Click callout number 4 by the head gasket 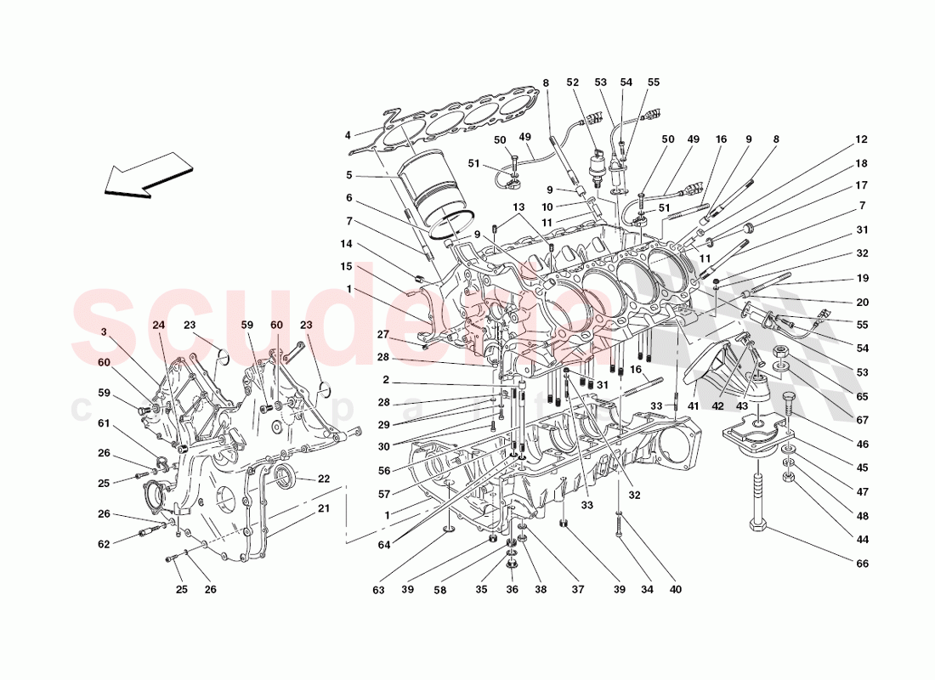(348, 134)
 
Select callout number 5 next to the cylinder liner (348, 177)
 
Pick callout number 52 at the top (572, 82)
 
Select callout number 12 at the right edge (862, 139)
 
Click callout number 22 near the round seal (324, 479)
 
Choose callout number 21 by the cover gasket (324, 508)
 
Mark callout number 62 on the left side (104, 544)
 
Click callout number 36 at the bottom (513, 590)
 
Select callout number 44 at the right (862, 540)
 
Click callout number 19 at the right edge (862, 278)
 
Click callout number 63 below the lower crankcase (377, 590)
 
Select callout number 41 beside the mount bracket (693, 406)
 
